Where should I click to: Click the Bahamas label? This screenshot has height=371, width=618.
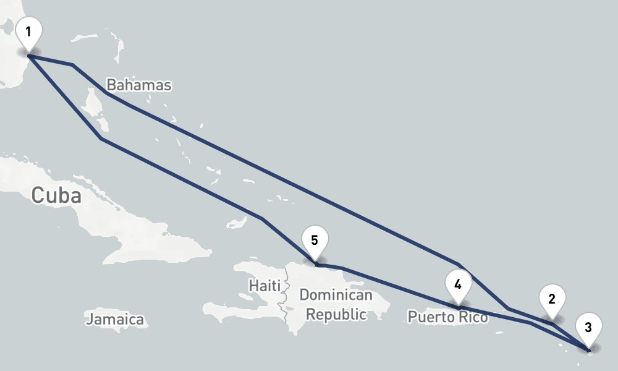tap(138, 85)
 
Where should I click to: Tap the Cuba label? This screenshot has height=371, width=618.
tap(56, 195)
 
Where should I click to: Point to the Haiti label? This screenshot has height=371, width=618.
tap(265, 286)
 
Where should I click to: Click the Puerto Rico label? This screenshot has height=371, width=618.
tap(447, 317)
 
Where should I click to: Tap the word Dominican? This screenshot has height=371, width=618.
tap(336, 295)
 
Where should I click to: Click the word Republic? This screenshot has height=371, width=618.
tap(336, 314)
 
